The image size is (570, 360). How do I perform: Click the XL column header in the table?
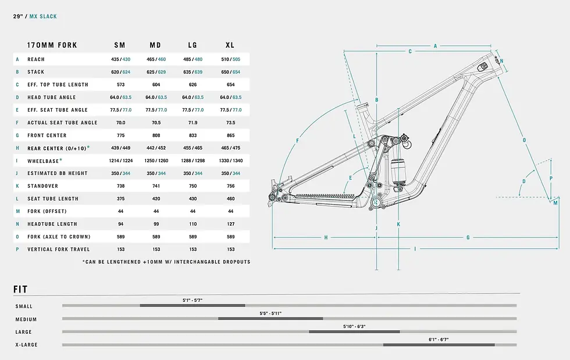(x=230, y=45)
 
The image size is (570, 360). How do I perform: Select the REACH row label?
(x=36, y=59)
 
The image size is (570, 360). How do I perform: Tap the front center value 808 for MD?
(x=156, y=136)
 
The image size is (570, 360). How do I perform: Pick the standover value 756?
(x=231, y=186)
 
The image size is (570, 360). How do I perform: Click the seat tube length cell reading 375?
(x=121, y=198)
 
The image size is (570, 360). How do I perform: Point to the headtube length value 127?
(x=231, y=224)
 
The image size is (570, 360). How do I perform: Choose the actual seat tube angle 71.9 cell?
(x=193, y=123)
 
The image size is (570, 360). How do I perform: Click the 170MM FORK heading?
(x=52, y=45)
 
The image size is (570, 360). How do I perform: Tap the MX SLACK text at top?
(x=43, y=16)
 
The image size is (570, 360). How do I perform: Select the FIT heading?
(x=20, y=290)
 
